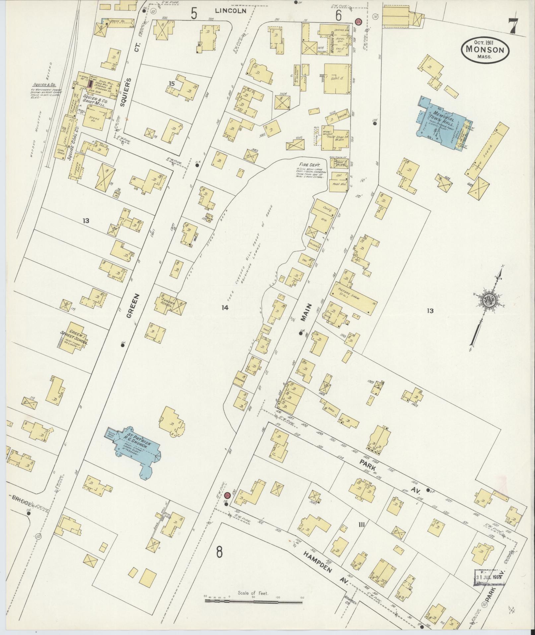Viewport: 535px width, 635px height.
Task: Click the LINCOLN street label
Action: pyautogui.click(x=231, y=11)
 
